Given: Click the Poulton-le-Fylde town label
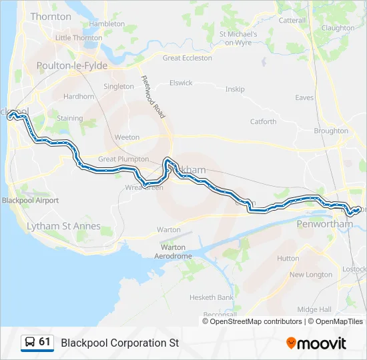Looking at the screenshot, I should coord(72,65).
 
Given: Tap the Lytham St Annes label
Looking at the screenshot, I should coord(63,226).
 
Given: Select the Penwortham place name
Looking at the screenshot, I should coord(324,224).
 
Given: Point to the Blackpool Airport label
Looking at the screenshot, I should coord(30,200).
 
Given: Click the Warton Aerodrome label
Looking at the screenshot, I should coord(173,251).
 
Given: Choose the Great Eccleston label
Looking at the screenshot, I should coord(188,58).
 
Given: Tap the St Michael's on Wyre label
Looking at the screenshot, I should coord(239,38).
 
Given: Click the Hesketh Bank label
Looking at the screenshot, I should coord(212,297).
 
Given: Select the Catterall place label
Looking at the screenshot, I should coord(292,21).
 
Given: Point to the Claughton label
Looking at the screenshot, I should coord(338,28).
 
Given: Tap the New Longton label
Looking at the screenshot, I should coord(310,275).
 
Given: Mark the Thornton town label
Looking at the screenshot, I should coord(51,17).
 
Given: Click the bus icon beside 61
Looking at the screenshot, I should coord(29,343).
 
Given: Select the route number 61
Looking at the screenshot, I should coord(45,342).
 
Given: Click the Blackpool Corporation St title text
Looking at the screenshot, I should coord(120,343).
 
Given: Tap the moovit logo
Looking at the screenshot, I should coord(316,343).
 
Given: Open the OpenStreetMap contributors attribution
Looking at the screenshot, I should coord(254,321).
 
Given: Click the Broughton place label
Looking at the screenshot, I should coord(331,131).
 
